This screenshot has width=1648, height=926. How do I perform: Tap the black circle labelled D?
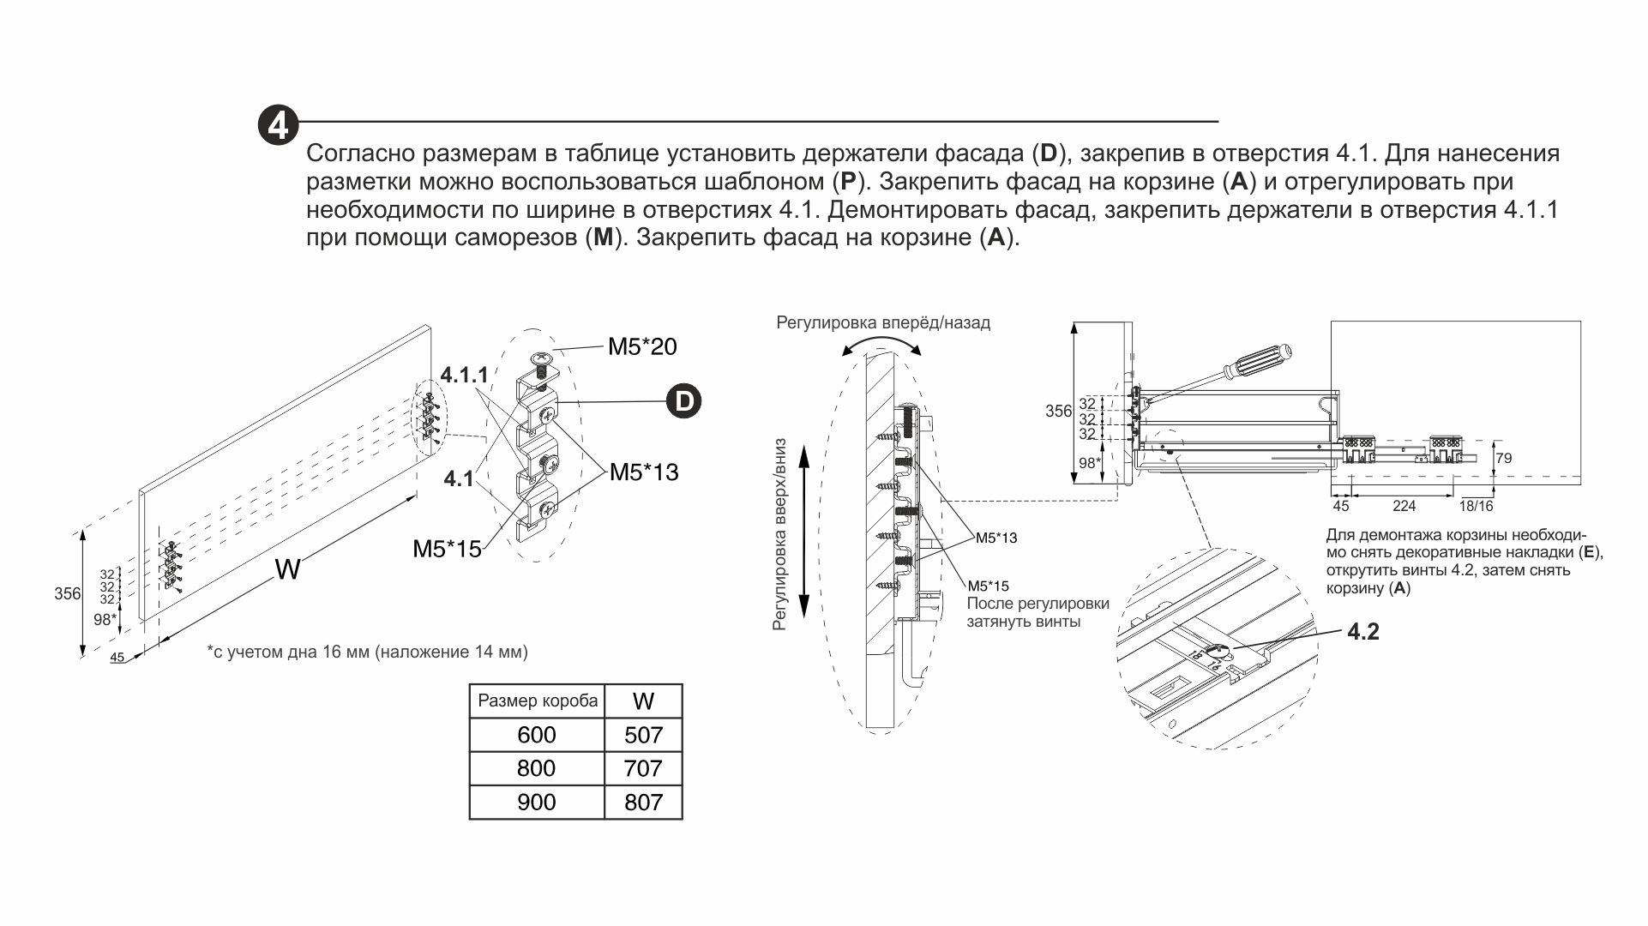(684, 401)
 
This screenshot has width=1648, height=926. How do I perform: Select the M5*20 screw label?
(642, 346)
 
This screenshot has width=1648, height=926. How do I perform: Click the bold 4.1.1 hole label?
(464, 375)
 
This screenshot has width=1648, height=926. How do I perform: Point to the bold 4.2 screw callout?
(1363, 633)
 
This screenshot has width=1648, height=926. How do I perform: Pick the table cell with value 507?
(643, 735)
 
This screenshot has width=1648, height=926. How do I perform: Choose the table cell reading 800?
(536, 768)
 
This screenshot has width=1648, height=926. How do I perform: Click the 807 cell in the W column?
(643, 802)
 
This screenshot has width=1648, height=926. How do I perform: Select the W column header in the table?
(643, 701)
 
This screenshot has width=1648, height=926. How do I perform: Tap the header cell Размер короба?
(538, 701)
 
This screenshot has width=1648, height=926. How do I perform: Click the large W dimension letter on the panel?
(287, 568)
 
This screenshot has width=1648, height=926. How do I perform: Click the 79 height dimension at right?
(1503, 459)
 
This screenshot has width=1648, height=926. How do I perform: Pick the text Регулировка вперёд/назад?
(883, 323)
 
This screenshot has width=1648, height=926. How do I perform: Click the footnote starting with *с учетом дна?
(368, 652)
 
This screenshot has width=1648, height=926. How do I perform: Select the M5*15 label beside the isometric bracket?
(447, 549)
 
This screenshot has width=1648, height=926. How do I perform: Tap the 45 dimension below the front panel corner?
(117, 658)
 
